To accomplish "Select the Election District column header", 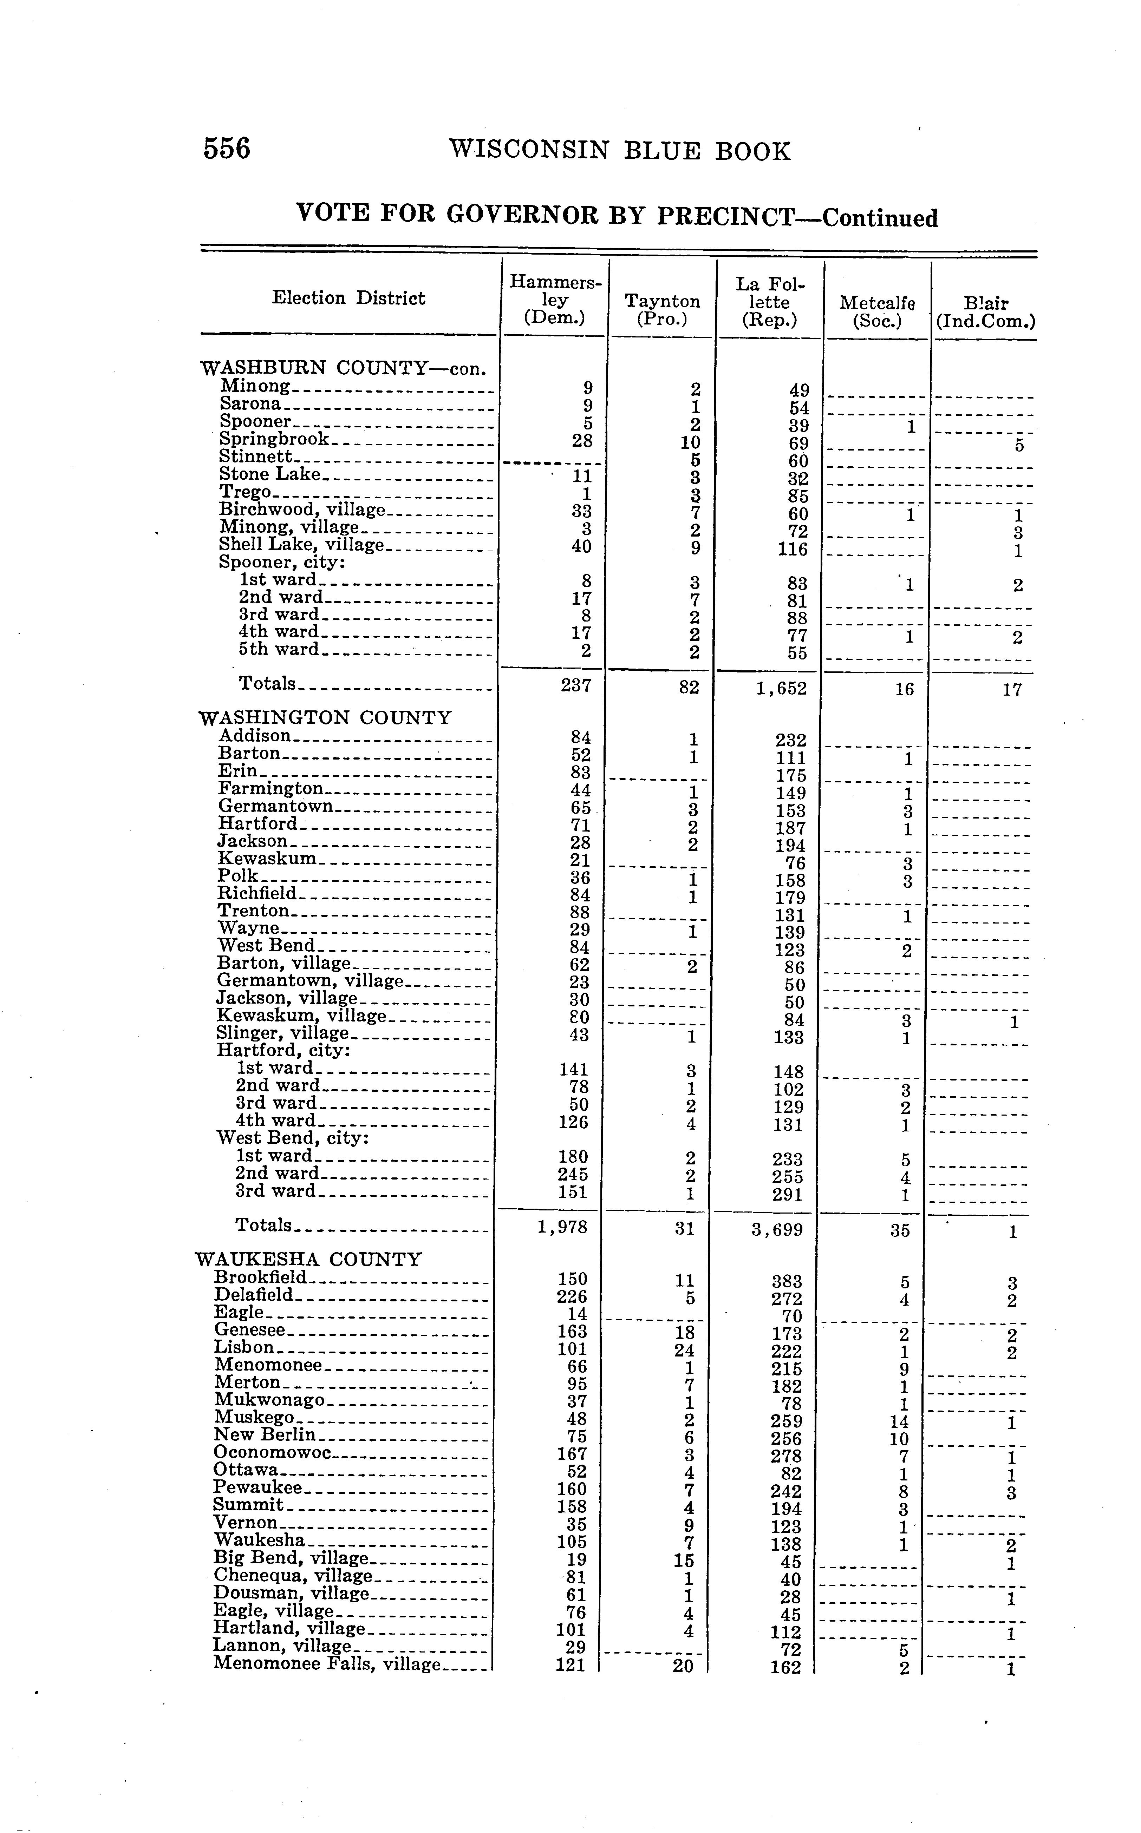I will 348,298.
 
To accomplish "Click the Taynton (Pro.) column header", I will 662,310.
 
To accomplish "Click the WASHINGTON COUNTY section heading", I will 325,717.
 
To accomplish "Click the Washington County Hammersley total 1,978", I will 562,1227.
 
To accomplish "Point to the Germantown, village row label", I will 310,981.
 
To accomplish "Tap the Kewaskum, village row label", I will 301,1015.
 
